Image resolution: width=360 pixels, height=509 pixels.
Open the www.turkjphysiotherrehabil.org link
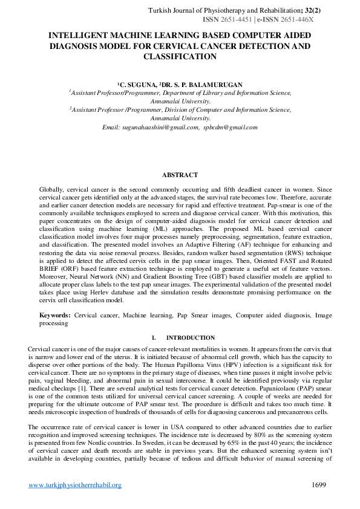click(x=75, y=485)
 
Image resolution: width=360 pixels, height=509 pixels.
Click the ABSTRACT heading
click(x=180, y=175)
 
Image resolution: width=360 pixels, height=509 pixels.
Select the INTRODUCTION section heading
click(x=186, y=337)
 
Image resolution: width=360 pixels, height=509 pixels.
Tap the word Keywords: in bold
click(x=55, y=316)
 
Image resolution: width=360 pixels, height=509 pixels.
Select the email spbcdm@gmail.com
click(x=231, y=127)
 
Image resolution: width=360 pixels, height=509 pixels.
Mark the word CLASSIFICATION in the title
click(x=180, y=57)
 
